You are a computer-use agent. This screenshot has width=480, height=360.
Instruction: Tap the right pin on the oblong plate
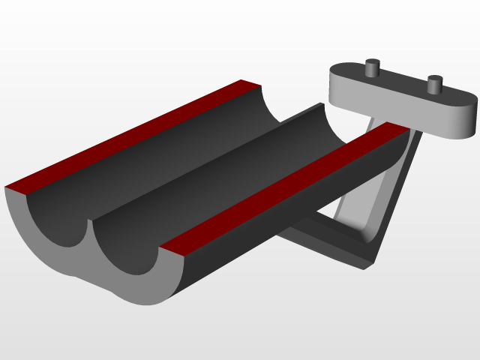coord(433,84)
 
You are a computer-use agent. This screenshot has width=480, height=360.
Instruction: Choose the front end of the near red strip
coord(174,247)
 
